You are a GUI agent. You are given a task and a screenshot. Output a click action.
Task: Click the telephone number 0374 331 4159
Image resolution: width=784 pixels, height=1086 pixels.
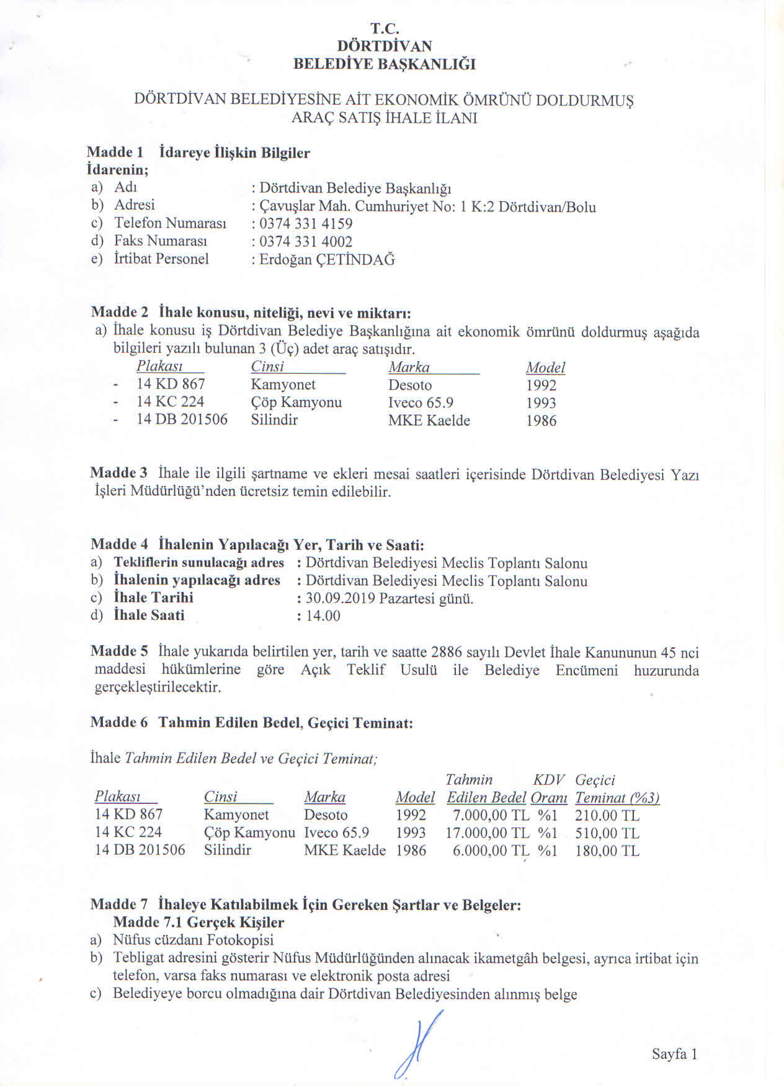[306, 224]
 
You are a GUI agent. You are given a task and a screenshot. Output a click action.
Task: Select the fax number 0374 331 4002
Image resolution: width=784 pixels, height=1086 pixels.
[306, 242]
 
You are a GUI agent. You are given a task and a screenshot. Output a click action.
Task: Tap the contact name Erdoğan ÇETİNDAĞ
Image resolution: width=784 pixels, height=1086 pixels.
[327, 260]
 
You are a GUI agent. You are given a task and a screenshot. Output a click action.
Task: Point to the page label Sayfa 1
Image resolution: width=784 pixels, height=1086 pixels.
[675, 1054]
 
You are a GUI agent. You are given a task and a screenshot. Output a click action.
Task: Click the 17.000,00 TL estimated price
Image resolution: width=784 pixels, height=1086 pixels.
[488, 833]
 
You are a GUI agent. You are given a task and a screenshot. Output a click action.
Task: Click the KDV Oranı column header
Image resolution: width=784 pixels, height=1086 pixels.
[549, 789]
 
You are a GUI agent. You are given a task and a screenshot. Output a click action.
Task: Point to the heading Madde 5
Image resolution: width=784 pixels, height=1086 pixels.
[119, 651]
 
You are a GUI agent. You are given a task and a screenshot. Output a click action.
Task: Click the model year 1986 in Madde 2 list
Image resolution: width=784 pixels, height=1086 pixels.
[541, 421]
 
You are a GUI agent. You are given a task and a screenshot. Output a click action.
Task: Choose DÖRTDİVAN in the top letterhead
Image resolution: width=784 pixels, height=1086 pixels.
[385, 46]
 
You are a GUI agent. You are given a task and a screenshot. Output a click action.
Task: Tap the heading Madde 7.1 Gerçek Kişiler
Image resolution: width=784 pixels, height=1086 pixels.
[198, 922]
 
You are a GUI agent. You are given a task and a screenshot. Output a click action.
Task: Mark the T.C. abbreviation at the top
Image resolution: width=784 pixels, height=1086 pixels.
[385, 29]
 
